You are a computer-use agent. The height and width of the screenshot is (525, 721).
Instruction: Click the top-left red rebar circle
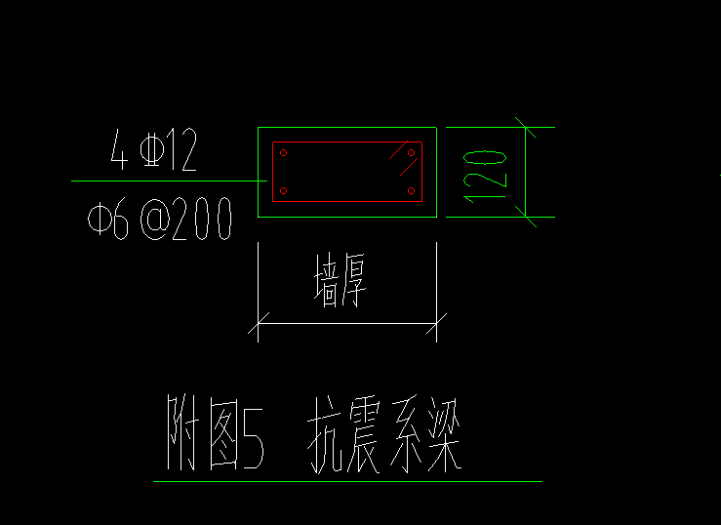[283, 152]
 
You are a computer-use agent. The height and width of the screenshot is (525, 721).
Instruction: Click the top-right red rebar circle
[411, 152]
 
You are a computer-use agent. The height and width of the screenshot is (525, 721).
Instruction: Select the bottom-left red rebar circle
[283, 191]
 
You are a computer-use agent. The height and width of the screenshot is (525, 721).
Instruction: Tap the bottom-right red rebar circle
[411, 191]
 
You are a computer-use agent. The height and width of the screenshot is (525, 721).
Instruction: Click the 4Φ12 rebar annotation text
[154, 149]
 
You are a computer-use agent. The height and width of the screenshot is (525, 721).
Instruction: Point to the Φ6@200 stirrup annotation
[160, 219]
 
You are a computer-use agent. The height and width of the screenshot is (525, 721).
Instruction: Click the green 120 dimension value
[485, 177]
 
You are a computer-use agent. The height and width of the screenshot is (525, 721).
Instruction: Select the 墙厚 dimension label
[340, 280]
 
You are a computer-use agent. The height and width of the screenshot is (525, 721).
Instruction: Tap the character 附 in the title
[183, 432]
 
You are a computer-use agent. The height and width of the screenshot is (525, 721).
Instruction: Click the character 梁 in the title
[445, 435]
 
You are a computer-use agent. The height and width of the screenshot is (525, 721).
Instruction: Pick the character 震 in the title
[364, 435]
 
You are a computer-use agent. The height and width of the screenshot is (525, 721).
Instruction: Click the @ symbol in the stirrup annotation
[155, 219]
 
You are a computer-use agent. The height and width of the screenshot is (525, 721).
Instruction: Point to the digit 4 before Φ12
[119, 149]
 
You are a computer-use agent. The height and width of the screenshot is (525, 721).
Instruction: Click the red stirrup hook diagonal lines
[403, 158]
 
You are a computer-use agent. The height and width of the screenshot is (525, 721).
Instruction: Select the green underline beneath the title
[347, 481]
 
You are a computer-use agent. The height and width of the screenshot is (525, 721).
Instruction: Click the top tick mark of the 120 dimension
[526, 127]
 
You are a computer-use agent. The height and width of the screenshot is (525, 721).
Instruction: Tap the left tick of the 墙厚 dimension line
[258, 324]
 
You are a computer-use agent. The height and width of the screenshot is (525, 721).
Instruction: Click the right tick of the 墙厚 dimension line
[436, 324]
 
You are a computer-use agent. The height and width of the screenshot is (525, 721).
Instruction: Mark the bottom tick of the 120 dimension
[526, 217]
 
